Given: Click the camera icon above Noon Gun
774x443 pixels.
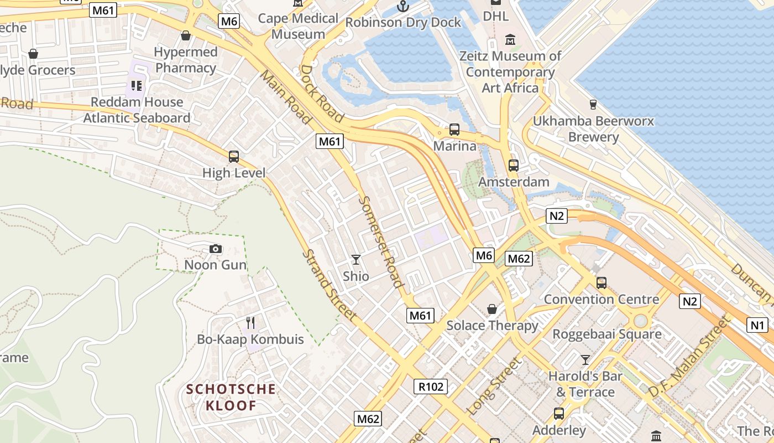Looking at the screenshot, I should pyautogui.click(x=216, y=249).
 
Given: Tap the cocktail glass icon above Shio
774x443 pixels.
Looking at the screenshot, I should pyautogui.click(x=356, y=259).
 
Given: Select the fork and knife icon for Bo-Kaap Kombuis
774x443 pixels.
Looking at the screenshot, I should pyautogui.click(x=250, y=322).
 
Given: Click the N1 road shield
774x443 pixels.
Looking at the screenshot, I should pyautogui.click(x=757, y=325).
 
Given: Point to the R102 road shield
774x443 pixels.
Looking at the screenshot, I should pyautogui.click(x=431, y=387).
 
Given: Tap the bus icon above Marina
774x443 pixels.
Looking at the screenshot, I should pyautogui.click(x=454, y=130).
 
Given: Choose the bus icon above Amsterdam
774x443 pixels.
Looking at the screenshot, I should pyautogui.click(x=514, y=165).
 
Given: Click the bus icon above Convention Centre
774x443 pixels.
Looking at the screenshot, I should pyautogui.click(x=602, y=283).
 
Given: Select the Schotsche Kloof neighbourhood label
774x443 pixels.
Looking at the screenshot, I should pyautogui.click(x=231, y=397).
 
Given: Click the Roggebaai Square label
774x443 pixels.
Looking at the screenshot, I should pyautogui.click(x=607, y=334).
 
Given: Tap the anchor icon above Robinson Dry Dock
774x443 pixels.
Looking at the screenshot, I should pyautogui.click(x=403, y=6).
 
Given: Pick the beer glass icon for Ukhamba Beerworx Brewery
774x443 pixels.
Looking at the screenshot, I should pyautogui.click(x=593, y=104).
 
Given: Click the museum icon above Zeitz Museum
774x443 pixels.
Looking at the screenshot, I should pyautogui.click(x=510, y=40).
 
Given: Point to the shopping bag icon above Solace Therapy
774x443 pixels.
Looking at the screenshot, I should pyautogui.click(x=492, y=308).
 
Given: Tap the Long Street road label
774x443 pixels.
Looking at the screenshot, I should pyautogui.click(x=494, y=387).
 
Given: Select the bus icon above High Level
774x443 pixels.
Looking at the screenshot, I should pyautogui.click(x=234, y=156).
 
